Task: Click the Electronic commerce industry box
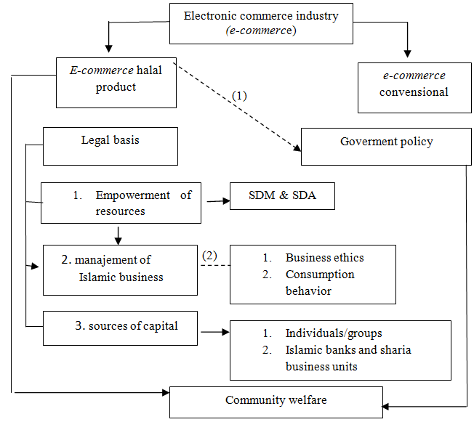261,23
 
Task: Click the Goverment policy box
386,146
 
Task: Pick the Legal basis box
111,146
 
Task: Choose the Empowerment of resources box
121,203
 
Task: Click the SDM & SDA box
282,195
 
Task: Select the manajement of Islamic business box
120,268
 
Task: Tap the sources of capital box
120,328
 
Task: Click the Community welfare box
276,401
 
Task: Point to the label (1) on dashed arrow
240,95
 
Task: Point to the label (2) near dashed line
209,255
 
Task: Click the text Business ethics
324,258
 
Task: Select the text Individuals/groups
333,333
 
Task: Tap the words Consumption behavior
320,283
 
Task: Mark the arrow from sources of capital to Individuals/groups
214,333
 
